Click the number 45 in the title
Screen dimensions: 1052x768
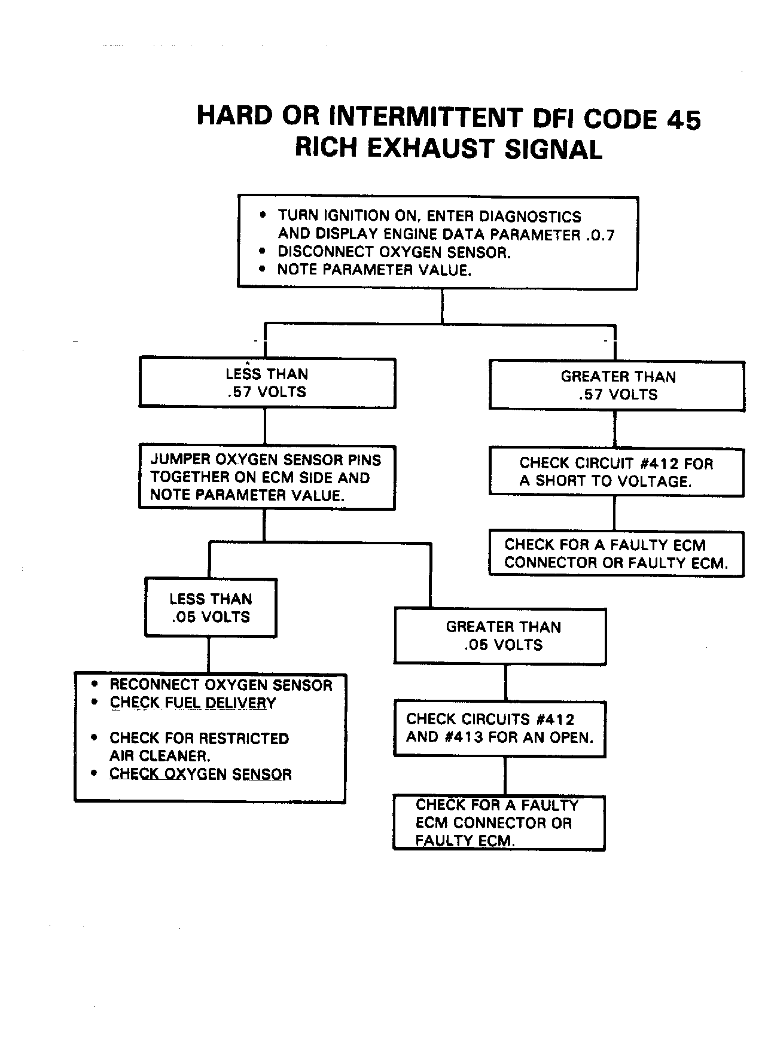click(x=682, y=119)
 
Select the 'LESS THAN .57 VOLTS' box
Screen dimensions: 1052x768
click(x=267, y=383)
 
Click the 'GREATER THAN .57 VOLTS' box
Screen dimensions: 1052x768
click(x=617, y=385)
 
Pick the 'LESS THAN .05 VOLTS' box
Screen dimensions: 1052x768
click(x=211, y=608)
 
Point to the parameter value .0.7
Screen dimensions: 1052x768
click(x=600, y=235)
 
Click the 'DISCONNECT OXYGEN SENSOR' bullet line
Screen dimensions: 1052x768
click(x=394, y=252)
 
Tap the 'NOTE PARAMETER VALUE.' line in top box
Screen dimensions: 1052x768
click(x=374, y=270)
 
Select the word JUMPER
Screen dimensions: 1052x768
click(x=179, y=460)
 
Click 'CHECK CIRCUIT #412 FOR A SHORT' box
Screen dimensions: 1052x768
click(x=616, y=472)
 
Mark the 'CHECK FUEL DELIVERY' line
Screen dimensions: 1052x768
click(x=193, y=703)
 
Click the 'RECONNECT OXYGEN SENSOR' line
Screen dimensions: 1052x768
click(x=220, y=685)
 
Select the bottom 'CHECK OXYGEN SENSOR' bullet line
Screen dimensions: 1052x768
click(x=200, y=774)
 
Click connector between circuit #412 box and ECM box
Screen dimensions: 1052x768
click(x=614, y=513)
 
